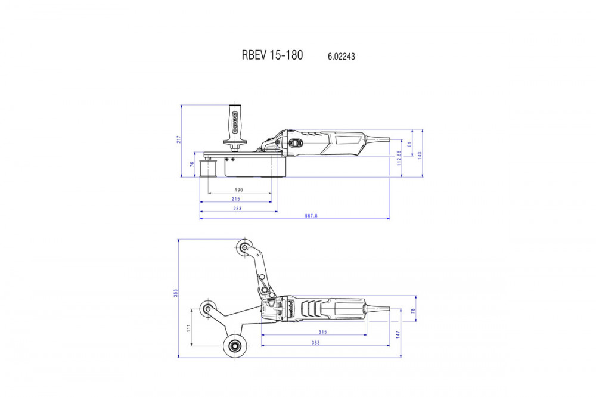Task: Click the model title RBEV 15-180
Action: click(272, 55)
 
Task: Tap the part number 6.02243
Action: click(342, 56)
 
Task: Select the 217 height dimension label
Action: click(179, 139)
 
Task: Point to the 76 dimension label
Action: click(192, 165)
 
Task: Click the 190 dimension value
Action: click(239, 190)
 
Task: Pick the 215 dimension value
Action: click(236, 199)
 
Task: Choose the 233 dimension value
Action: click(238, 209)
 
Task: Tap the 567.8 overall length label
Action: click(311, 216)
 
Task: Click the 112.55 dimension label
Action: click(399, 157)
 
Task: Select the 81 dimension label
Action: click(409, 144)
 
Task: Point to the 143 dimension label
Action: click(420, 155)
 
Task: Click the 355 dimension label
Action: click(176, 293)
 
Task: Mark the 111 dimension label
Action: click(188, 328)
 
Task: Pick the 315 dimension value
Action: click(322, 332)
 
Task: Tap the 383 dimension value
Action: click(315, 343)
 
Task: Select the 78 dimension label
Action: click(413, 311)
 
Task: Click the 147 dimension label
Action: click(398, 334)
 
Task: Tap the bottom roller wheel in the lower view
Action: click(234, 345)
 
